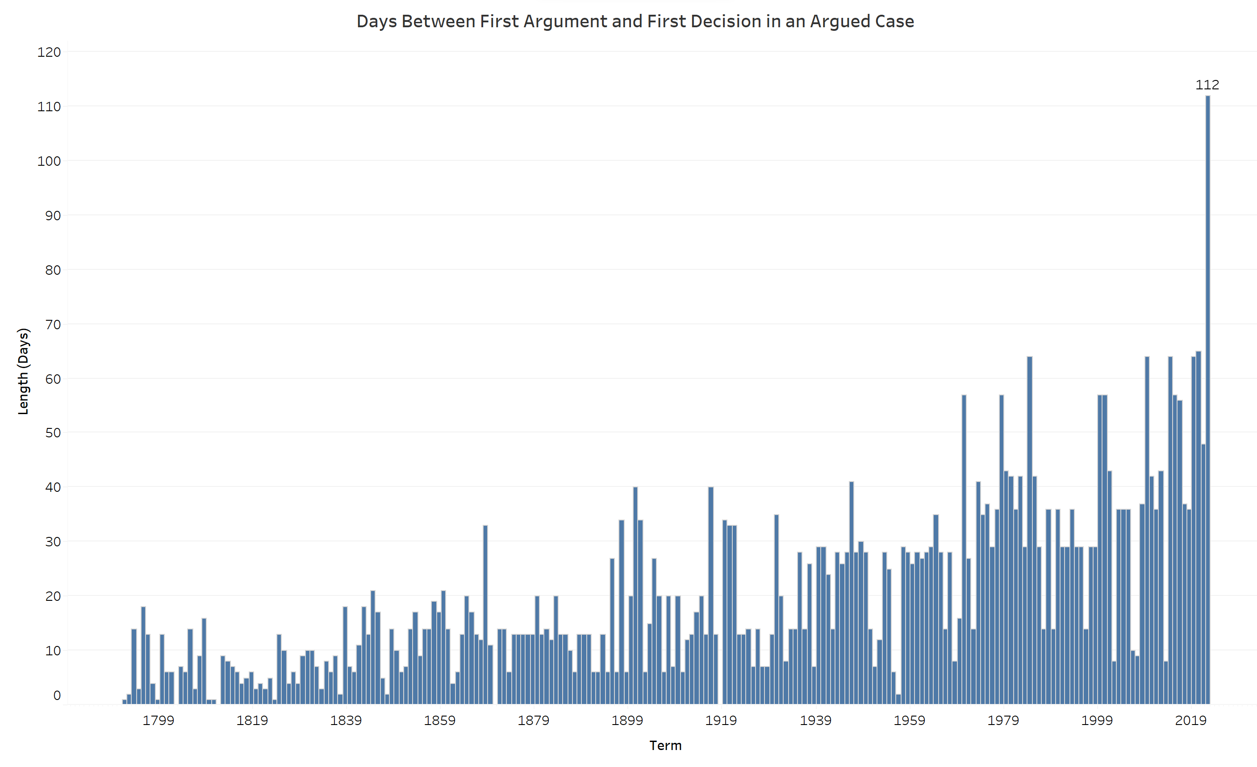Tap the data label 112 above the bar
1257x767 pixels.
[x=1207, y=85]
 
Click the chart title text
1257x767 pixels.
[x=635, y=21]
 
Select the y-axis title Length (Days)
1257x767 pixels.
[x=24, y=371]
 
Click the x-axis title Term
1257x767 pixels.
[x=665, y=746]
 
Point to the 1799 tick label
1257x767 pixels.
[x=158, y=721]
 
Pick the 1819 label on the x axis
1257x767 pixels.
[x=252, y=721]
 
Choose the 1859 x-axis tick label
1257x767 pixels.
[x=439, y=721]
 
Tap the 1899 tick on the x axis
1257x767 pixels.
[x=627, y=721]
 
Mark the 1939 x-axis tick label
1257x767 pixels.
[x=815, y=721]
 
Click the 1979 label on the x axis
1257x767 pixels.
[x=1003, y=721]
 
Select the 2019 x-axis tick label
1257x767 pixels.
[x=1190, y=721]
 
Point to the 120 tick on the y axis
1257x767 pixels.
[x=49, y=52]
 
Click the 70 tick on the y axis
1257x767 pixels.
[x=53, y=325]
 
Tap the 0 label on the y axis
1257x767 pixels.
[x=57, y=696]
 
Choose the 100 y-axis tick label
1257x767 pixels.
[x=49, y=161]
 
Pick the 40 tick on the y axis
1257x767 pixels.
[x=53, y=487]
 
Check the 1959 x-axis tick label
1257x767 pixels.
[x=909, y=721]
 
